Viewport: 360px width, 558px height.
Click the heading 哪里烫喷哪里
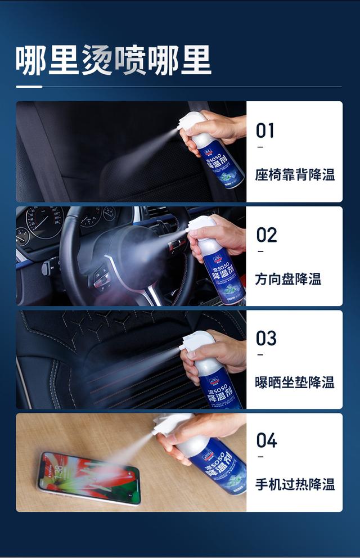[x=114, y=60]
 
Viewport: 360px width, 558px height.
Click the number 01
[x=265, y=130]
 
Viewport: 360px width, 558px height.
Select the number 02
[x=266, y=235]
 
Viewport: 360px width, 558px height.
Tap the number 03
[x=266, y=339]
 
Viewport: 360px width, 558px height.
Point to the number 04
[x=266, y=440]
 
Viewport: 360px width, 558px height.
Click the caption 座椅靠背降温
[x=295, y=175]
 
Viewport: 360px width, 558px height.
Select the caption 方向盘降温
[x=288, y=279]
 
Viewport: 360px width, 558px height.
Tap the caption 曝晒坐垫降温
[x=295, y=382]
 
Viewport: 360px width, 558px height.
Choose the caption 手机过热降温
[x=295, y=484]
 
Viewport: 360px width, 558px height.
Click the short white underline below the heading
[x=29, y=87]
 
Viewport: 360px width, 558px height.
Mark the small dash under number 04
[x=260, y=457]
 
